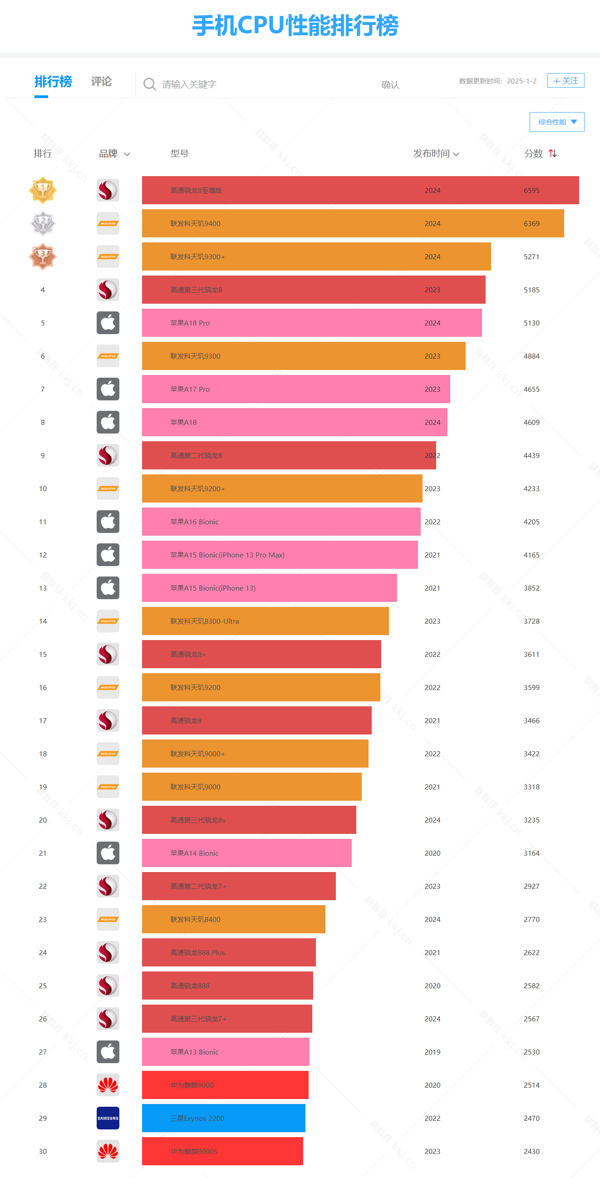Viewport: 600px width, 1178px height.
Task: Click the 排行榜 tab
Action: (x=53, y=82)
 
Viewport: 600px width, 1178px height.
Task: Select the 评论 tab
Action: (x=101, y=82)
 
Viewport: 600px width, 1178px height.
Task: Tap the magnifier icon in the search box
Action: (x=149, y=84)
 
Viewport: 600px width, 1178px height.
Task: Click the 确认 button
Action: (x=390, y=84)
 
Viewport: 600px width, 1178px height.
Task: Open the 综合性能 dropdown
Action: (x=556, y=122)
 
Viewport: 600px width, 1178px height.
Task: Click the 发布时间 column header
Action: (x=435, y=153)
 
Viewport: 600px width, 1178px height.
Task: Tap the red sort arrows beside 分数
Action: (x=552, y=153)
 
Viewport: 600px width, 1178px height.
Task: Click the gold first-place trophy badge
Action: (x=43, y=190)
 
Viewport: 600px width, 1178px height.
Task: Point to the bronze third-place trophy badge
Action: (x=43, y=256)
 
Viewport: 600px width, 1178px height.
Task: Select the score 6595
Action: (x=531, y=191)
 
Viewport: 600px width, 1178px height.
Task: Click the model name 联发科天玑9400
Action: (x=195, y=224)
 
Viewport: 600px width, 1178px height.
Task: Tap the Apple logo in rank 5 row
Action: (x=108, y=323)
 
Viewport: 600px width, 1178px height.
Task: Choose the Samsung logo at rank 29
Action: (x=108, y=1118)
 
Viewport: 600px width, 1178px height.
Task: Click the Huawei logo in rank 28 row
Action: (x=108, y=1085)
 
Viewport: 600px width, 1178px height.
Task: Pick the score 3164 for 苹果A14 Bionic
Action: (x=531, y=853)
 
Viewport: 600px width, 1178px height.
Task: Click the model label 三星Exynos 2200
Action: (x=197, y=1119)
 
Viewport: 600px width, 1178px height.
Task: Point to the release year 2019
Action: (x=432, y=1052)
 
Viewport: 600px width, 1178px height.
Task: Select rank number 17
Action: (x=43, y=721)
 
